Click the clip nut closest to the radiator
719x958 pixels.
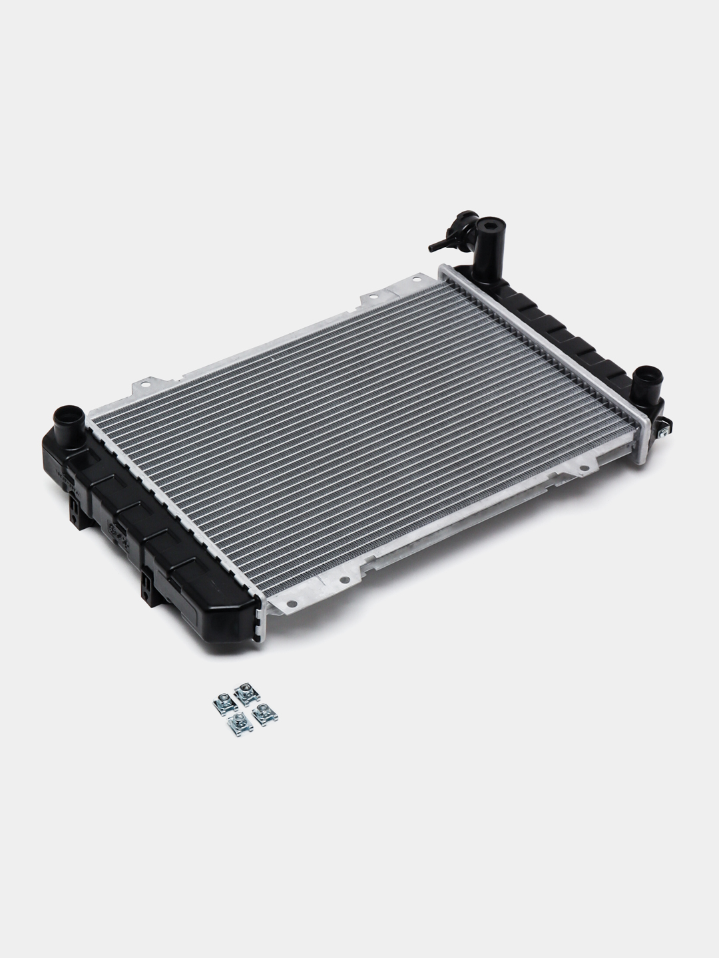tap(245, 695)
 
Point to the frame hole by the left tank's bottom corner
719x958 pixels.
tap(292, 605)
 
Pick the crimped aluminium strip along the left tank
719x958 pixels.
tap(173, 506)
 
